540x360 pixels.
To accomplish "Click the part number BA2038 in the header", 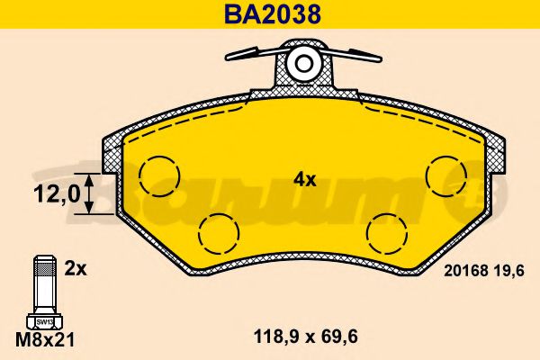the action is (273, 14).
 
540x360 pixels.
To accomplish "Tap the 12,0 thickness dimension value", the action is (57, 193).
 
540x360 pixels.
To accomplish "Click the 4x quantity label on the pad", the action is (305, 179).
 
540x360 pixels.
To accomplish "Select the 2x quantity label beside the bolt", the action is (76, 269).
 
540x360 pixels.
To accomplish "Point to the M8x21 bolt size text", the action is (45, 339).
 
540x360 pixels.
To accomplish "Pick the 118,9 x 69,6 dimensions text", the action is (305, 337).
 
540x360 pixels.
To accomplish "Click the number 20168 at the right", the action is (466, 271).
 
